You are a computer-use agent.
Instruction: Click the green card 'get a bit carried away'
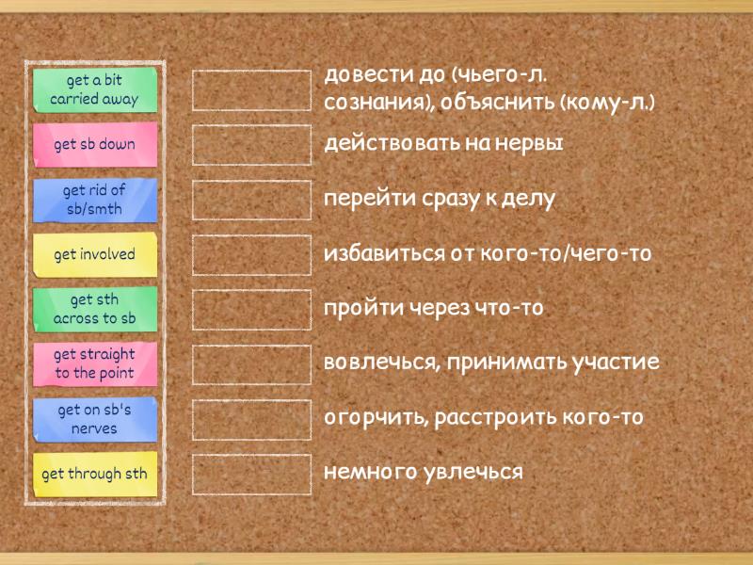95,89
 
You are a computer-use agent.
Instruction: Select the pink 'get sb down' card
95,145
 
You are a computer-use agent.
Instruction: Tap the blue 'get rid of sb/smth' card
95,200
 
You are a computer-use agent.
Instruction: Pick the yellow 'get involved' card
95,254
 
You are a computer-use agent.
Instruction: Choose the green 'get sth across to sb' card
95,310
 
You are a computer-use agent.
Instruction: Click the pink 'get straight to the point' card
95,364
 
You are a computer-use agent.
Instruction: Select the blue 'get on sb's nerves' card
95,419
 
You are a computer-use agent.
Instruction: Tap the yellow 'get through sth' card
95,475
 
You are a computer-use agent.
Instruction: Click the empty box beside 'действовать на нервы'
251,145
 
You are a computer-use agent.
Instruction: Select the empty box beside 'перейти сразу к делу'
251,200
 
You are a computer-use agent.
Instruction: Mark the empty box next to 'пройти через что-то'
251,310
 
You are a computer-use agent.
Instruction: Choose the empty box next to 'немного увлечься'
251,475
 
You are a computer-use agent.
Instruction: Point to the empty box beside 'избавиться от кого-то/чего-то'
251,255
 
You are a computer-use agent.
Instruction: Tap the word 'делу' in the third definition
529,200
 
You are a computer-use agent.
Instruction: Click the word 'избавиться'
385,252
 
